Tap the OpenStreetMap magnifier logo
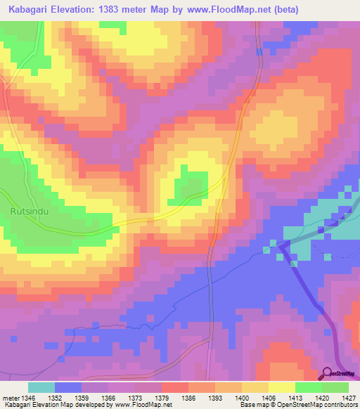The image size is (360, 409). click(x=327, y=373)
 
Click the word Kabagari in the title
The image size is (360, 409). click(x=33, y=10)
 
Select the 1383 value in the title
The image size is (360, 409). click(x=122, y=10)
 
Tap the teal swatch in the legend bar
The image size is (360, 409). click(x=41, y=387)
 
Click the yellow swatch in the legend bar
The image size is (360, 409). click(x=281, y=387)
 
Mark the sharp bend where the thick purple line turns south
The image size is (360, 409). click(x=281, y=244)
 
